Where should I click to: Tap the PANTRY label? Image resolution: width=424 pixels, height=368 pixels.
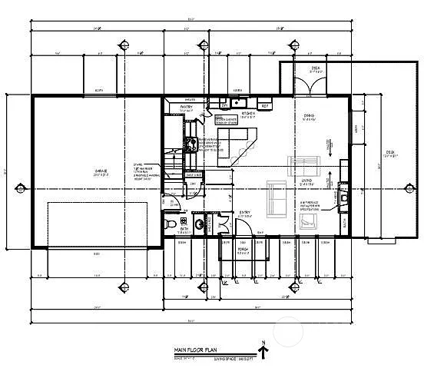(x=186, y=107)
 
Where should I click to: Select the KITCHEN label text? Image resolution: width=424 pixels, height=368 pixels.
(x=248, y=113)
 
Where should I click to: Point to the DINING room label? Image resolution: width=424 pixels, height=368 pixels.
(x=310, y=116)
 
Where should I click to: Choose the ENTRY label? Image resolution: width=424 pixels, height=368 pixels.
(x=245, y=213)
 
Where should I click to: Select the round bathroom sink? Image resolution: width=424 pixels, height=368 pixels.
(x=200, y=224)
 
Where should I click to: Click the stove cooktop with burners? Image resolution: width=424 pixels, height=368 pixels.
(x=190, y=143)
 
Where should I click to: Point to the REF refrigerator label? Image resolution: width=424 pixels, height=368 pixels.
(x=264, y=106)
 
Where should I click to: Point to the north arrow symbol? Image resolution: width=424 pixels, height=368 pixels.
(x=263, y=350)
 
